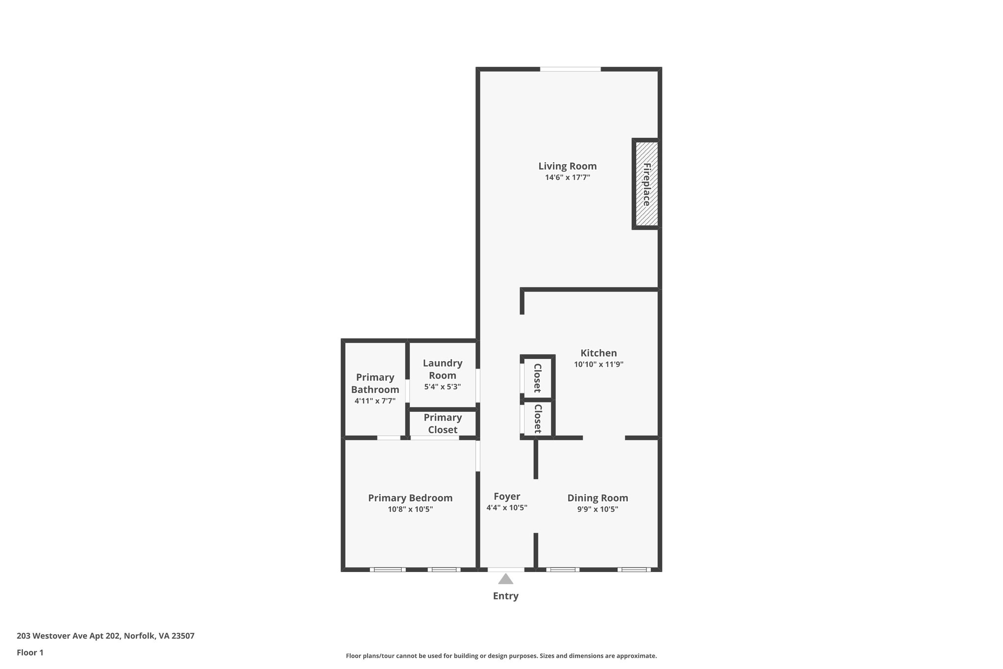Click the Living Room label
click(x=567, y=166)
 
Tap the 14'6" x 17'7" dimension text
click(x=567, y=177)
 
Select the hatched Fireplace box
click(x=646, y=184)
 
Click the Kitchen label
click(x=598, y=353)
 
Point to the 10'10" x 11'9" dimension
click(x=598, y=365)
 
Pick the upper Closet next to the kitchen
click(x=537, y=378)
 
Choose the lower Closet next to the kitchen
click(x=537, y=419)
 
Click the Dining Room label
click(x=597, y=498)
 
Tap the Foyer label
click(x=506, y=496)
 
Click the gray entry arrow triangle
click(x=505, y=580)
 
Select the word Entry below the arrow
click(x=505, y=596)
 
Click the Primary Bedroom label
click(x=410, y=498)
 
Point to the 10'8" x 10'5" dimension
click(x=410, y=509)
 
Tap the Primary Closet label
click(x=443, y=423)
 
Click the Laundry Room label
click(x=442, y=369)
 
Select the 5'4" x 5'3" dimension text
click(x=442, y=386)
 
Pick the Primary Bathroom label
click(x=375, y=383)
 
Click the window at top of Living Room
click(x=570, y=69)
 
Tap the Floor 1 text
click(x=30, y=652)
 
